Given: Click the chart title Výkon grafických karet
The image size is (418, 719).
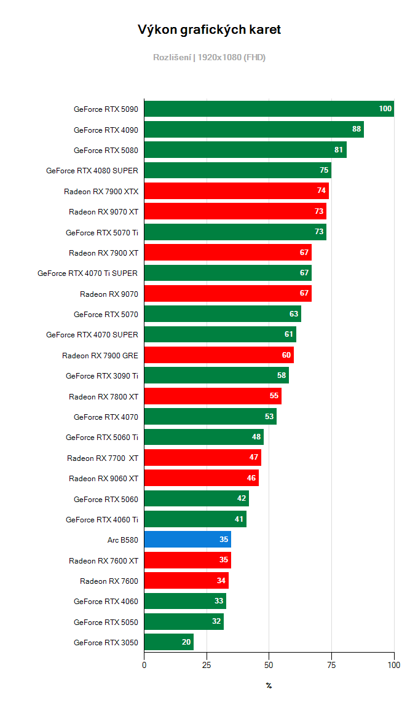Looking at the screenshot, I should pyautogui.click(x=209, y=29).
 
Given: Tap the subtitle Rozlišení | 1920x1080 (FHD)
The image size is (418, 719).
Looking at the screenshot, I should pyautogui.click(x=209, y=57).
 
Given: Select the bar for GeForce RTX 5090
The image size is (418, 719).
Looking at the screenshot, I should pyautogui.click(x=269, y=109).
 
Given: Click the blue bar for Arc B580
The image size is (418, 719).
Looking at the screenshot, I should pyautogui.click(x=187, y=540).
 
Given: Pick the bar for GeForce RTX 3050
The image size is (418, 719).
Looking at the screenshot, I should pyautogui.click(x=169, y=643).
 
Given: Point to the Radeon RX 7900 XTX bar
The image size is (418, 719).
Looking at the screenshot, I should pyautogui.click(x=237, y=191).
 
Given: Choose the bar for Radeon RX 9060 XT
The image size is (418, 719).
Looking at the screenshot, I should pyautogui.click(x=202, y=478).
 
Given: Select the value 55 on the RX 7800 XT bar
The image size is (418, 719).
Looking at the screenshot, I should pyautogui.click(x=274, y=396).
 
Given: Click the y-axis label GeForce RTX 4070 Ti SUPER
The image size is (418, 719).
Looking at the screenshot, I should pyautogui.click(x=88, y=273).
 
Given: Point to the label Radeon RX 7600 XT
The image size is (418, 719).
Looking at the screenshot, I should pyautogui.click(x=104, y=560).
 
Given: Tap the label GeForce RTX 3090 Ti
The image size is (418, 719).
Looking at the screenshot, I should pyautogui.click(x=102, y=376).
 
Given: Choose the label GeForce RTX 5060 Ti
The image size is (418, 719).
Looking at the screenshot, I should pyautogui.click(x=102, y=438).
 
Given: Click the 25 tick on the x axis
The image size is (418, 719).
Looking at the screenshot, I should pyautogui.click(x=207, y=665).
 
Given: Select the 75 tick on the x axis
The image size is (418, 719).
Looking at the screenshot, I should pyautogui.click(x=331, y=665).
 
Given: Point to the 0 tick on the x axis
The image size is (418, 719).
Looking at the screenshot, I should pyautogui.click(x=144, y=665).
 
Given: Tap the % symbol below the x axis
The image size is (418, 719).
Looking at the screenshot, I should pyautogui.click(x=269, y=685).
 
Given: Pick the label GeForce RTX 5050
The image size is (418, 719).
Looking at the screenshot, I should pyautogui.click(x=106, y=622).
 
